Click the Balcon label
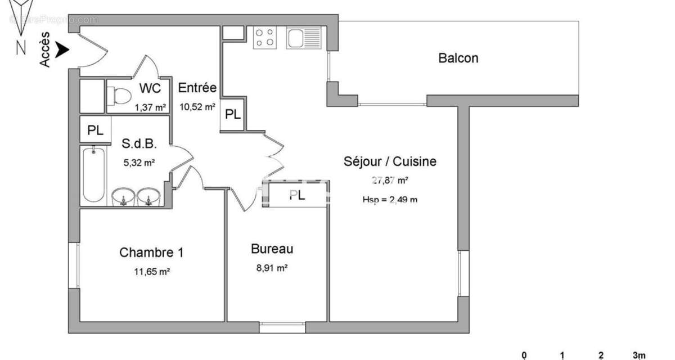pos(458,58)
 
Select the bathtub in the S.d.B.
pos(93,174)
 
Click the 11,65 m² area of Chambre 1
pos(152,271)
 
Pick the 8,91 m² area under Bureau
pos(272,269)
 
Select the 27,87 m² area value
pos(390,181)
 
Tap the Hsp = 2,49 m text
pos(390,199)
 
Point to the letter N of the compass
pos(21,48)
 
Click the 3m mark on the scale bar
pos(638,355)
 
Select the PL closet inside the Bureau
pos(298,195)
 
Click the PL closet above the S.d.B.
pos(95,130)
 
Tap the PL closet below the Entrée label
pos(232,115)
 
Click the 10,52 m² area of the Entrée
pos(197,106)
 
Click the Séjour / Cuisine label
pos(390,162)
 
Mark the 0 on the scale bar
pos(524,355)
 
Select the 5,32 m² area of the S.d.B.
pos(139,163)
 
